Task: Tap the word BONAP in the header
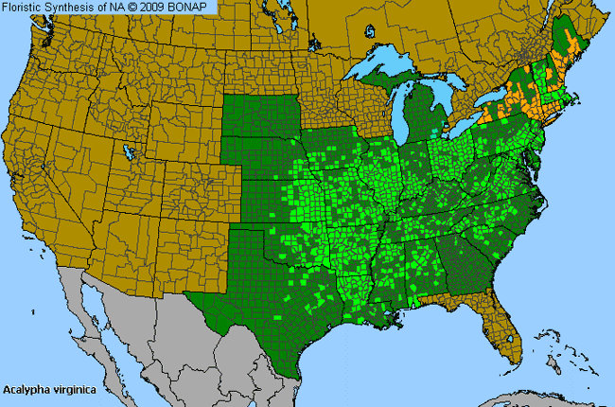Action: click(x=197, y=7)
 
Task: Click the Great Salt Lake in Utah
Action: click(x=126, y=152)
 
